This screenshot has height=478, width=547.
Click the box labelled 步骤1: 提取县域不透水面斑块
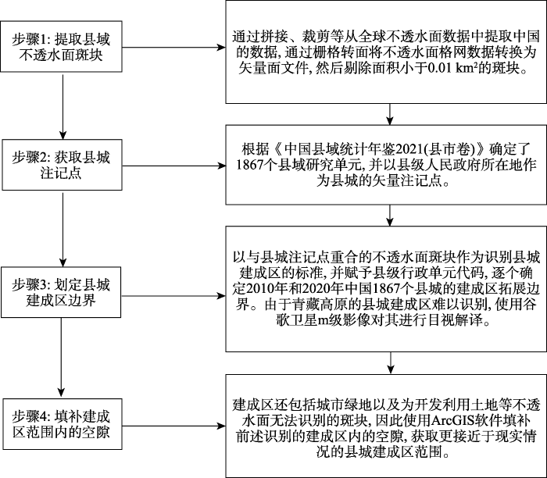(61, 48)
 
